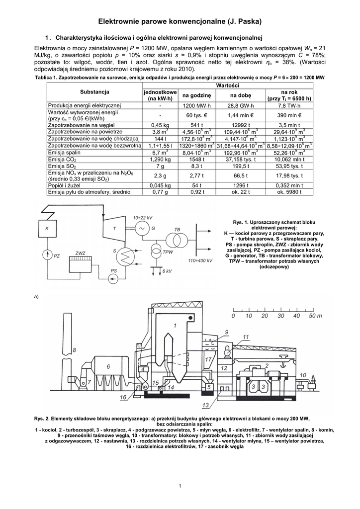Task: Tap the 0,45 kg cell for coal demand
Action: click(x=160, y=125)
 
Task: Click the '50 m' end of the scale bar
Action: click(x=314, y=316)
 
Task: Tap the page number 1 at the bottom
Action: click(x=180, y=485)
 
